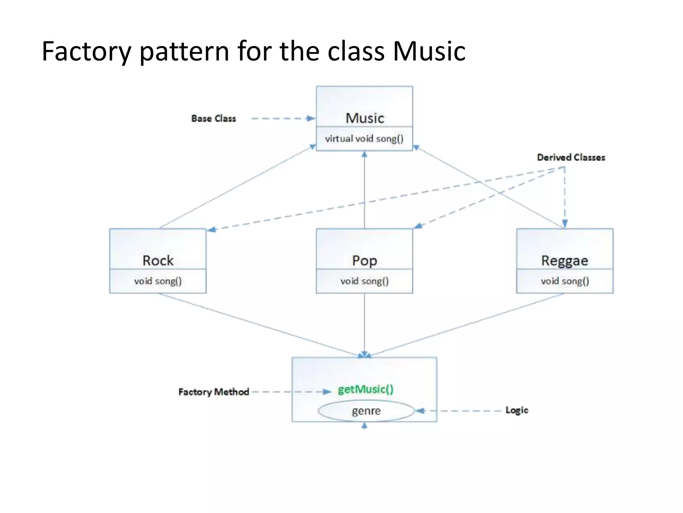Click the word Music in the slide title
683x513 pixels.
click(429, 51)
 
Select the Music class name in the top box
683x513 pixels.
click(365, 118)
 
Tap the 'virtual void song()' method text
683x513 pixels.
click(364, 139)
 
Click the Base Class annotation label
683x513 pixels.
click(213, 119)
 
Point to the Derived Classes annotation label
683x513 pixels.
click(571, 157)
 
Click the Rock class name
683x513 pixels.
click(158, 261)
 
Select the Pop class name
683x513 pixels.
click(365, 261)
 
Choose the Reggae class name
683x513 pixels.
click(564, 261)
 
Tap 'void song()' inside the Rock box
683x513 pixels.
click(158, 281)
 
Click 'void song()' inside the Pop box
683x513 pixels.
click(365, 281)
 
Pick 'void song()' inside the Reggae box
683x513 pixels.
click(565, 281)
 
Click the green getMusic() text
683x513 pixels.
click(366, 389)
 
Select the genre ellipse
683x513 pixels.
click(366, 411)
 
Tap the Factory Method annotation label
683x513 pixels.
click(213, 392)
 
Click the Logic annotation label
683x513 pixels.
click(517, 410)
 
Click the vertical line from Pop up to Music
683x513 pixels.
click(365, 190)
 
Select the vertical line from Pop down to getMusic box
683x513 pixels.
click(365, 324)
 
